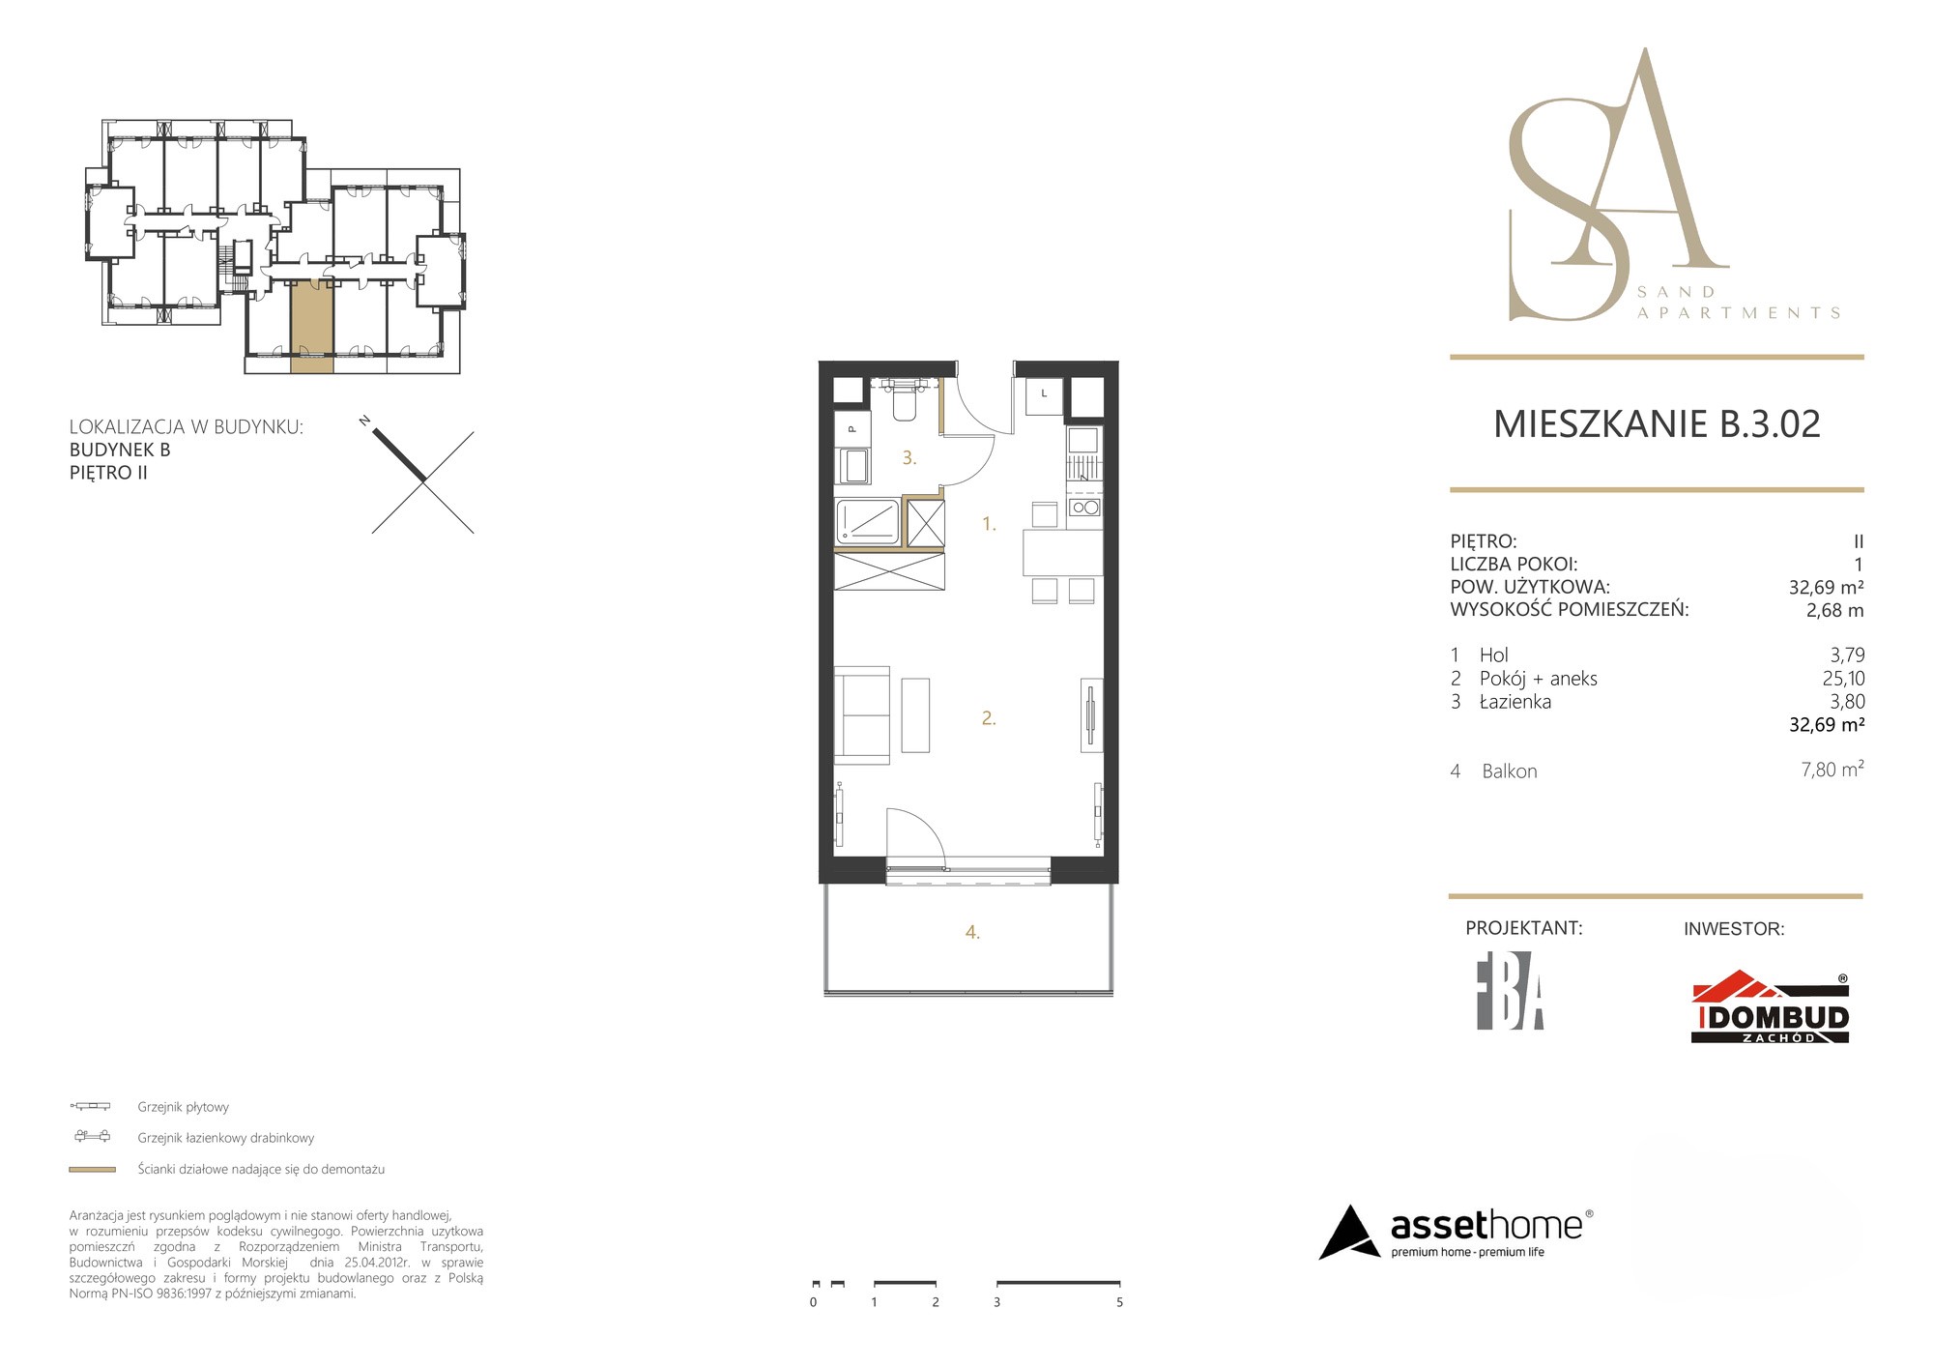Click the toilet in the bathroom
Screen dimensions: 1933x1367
pos(905,399)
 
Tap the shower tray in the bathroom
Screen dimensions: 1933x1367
pos(867,522)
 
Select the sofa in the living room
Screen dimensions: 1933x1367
pos(861,714)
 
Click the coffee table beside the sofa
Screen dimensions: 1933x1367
pos(915,714)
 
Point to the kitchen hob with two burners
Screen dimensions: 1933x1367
pos(1084,508)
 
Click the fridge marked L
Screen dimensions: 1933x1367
pos(1044,396)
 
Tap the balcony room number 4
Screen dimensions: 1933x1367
pos(972,932)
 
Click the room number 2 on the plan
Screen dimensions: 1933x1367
pos(989,718)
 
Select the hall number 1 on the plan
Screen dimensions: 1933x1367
pos(989,524)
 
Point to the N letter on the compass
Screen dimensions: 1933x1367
pos(364,421)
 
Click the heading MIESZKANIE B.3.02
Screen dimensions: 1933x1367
pos(1657,424)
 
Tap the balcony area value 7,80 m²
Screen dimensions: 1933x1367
pos(1832,770)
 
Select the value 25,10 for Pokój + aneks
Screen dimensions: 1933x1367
pos(1843,679)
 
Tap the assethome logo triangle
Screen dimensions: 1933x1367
pos(1349,1233)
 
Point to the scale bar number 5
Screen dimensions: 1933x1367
pos(1119,1302)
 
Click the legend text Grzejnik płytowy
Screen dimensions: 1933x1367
pos(183,1107)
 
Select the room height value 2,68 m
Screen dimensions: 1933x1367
pos(1834,610)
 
